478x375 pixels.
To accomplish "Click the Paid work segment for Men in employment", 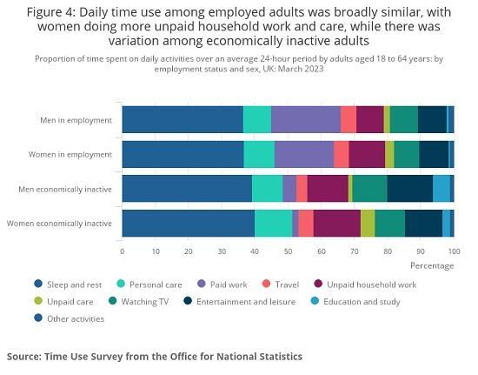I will point(305,119).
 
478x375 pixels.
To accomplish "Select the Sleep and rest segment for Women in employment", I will point(183,154).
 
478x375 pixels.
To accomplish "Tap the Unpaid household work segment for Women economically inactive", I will point(336,224).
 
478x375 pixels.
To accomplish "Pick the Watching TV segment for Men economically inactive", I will point(369,189).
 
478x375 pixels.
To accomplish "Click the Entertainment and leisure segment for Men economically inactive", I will point(409,189).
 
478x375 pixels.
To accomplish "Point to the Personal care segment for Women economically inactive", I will point(273,224).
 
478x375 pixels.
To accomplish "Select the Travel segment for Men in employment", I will point(348,119).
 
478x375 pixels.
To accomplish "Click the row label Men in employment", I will point(76,119).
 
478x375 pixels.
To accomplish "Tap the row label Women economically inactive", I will point(59,224).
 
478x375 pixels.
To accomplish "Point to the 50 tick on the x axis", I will point(288,251).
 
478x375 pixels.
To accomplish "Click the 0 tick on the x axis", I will point(122,251).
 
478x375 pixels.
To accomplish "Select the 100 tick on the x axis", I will point(451,251).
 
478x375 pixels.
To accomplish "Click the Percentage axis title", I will point(432,265).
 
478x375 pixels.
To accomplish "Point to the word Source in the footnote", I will point(27,356).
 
